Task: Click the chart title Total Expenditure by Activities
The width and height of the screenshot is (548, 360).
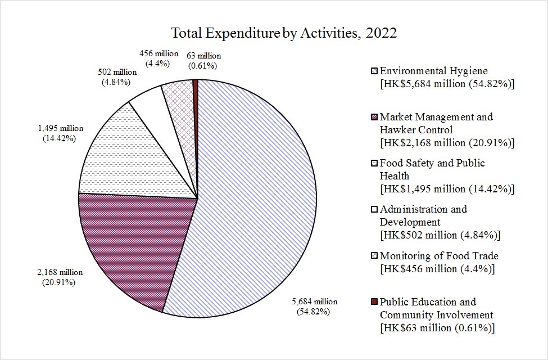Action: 284,33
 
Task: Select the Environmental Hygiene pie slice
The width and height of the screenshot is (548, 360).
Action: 259,197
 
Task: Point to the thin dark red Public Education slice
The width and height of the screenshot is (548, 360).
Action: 196,90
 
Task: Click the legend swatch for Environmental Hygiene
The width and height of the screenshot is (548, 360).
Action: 374,71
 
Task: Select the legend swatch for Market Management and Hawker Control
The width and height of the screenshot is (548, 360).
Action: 374,117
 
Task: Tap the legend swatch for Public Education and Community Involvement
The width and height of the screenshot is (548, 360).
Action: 374,302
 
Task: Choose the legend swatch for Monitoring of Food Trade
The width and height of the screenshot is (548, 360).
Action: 374,256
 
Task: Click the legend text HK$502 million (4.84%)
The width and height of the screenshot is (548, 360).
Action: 440,234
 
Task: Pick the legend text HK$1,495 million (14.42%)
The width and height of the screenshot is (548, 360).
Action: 447,188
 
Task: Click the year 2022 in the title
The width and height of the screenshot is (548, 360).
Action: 381,33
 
